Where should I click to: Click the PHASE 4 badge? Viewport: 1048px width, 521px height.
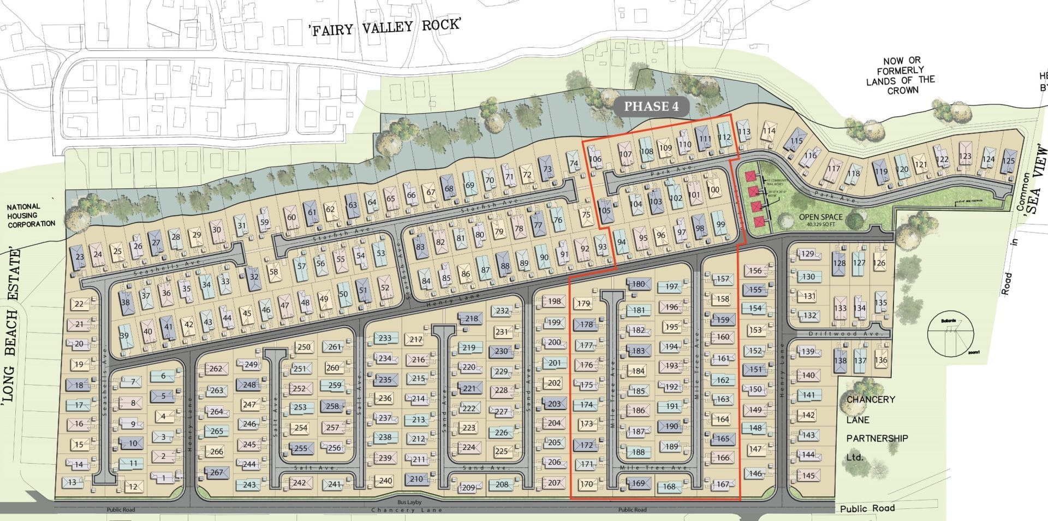(x=651, y=106)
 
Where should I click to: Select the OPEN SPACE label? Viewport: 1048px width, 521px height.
(x=820, y=217)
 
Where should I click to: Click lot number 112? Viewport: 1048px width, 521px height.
(x=724, y=138)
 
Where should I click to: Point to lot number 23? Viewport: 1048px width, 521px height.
(x=80, y=257)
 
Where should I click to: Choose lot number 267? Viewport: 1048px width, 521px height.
(x=217, y=472)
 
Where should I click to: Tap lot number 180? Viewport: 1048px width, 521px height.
(x=638, y=284)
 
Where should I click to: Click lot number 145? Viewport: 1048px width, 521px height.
(x=808, y=476)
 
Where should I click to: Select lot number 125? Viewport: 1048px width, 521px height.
(x=1008, y=161)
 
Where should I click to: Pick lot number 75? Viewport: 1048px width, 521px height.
(x=586, y=215)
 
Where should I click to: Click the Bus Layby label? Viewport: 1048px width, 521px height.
(x=410, y=502)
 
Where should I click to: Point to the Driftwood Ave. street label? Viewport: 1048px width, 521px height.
(x=838, y=334)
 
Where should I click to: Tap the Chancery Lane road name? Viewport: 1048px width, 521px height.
(x=406, y=510)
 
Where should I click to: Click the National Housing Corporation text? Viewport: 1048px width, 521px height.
(x=31, y=215)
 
